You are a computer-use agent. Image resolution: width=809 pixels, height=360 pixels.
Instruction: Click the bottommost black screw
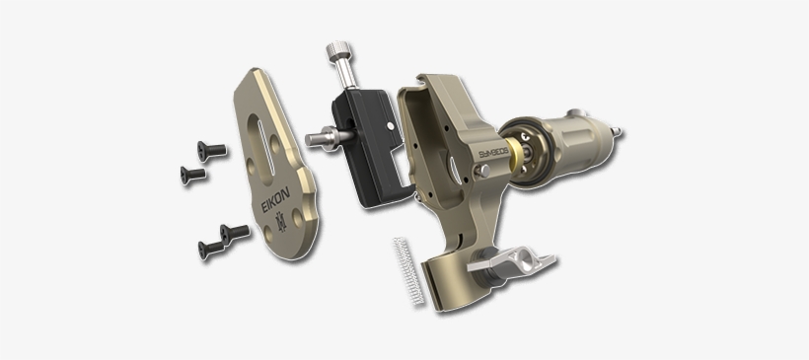coord(208,250)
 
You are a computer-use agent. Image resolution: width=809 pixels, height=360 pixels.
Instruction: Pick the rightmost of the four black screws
coord(235,233)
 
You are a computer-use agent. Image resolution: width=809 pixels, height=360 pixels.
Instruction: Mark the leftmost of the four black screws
coord(192,175)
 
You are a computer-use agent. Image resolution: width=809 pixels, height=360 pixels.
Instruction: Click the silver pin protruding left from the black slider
coord(320,138)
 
